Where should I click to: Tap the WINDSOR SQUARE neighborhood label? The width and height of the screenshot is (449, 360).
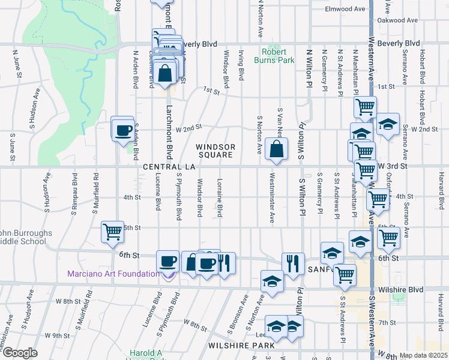214,151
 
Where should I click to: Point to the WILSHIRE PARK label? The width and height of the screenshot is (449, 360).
241,346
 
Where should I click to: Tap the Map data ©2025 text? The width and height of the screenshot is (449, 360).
423,355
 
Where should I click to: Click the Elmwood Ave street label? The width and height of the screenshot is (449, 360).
345,9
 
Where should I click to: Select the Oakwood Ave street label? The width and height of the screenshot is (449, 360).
397,20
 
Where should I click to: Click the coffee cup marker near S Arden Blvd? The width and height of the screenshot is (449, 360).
124,130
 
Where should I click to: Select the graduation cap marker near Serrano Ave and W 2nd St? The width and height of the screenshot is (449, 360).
388,124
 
